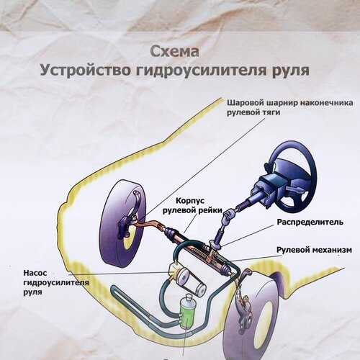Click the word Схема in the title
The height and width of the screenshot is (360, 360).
click(x=175, y=51)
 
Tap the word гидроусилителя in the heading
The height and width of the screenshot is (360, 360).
click(x=201, y=70)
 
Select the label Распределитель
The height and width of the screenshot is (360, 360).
click(x=310, y=222)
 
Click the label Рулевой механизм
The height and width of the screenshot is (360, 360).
click(x=314, y=250)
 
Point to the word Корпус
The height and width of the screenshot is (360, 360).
click(x=190, y=201)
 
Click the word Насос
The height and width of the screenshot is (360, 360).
click(x=35, y=273)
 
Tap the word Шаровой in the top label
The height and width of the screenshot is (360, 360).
click(x=246, y=103)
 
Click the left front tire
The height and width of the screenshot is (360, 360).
click(x=122, y=221)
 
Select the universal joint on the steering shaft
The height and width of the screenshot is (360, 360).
click(x=228, y=215)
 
